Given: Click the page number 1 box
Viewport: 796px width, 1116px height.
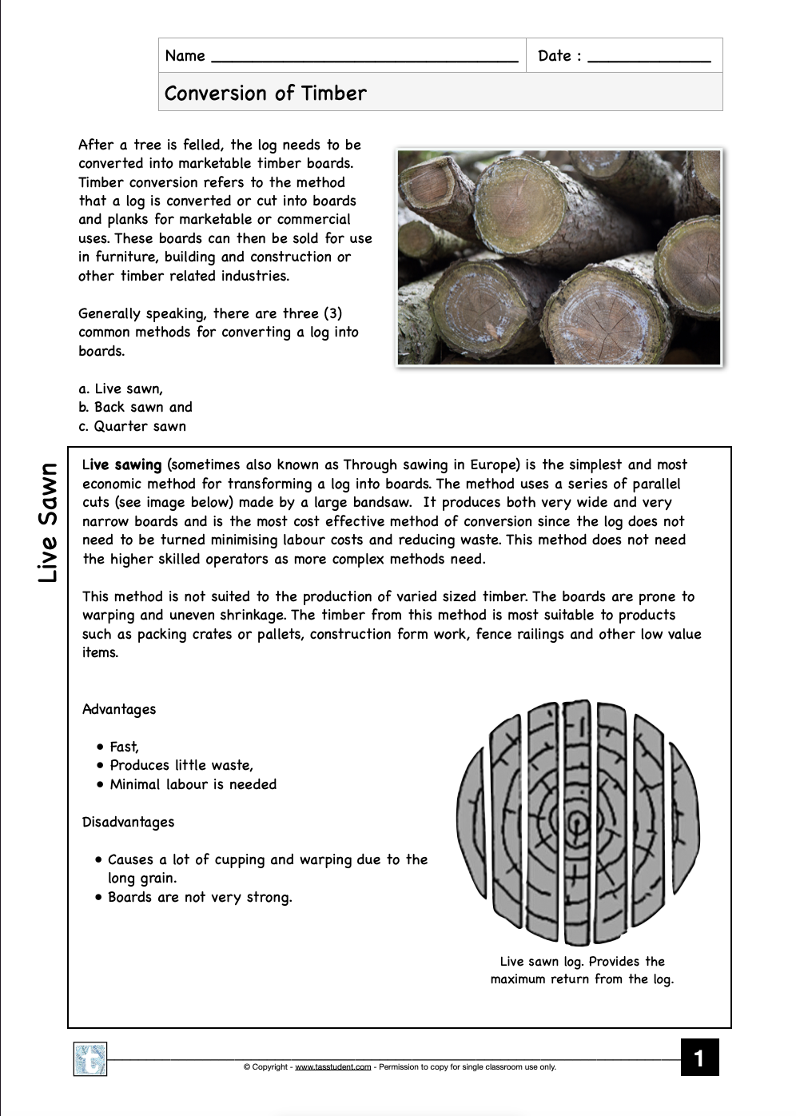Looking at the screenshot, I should [x=699, y=1058].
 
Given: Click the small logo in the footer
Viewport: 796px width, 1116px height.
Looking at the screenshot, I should [x=90, y=1059].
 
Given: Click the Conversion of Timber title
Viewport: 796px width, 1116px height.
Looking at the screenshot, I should [x=265, y=93].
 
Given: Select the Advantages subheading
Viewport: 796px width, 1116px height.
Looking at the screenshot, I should [x=119, y=709].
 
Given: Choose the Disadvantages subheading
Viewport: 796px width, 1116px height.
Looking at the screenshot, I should [x=128, y=822].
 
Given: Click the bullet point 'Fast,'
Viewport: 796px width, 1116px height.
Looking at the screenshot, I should [x=124, y=747].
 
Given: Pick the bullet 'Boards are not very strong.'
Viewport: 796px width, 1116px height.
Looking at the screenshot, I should [x=200, y=897].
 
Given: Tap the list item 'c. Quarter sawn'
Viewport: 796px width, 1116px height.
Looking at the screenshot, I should [x=132, y=426].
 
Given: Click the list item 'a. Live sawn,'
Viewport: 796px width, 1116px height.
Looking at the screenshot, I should [x=121, y=389].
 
